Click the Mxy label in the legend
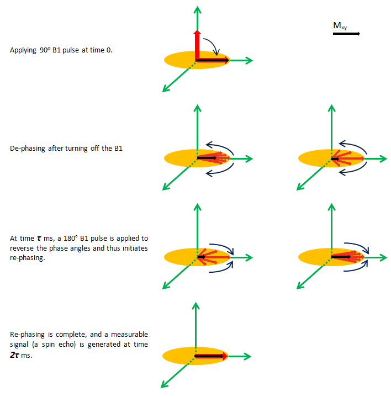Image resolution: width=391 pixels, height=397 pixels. [340, 25]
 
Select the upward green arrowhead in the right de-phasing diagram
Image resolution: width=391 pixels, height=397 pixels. [332, 108]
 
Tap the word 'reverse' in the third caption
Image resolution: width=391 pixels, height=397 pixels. [21, 248]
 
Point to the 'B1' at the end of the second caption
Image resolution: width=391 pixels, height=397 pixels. [117, 149]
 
